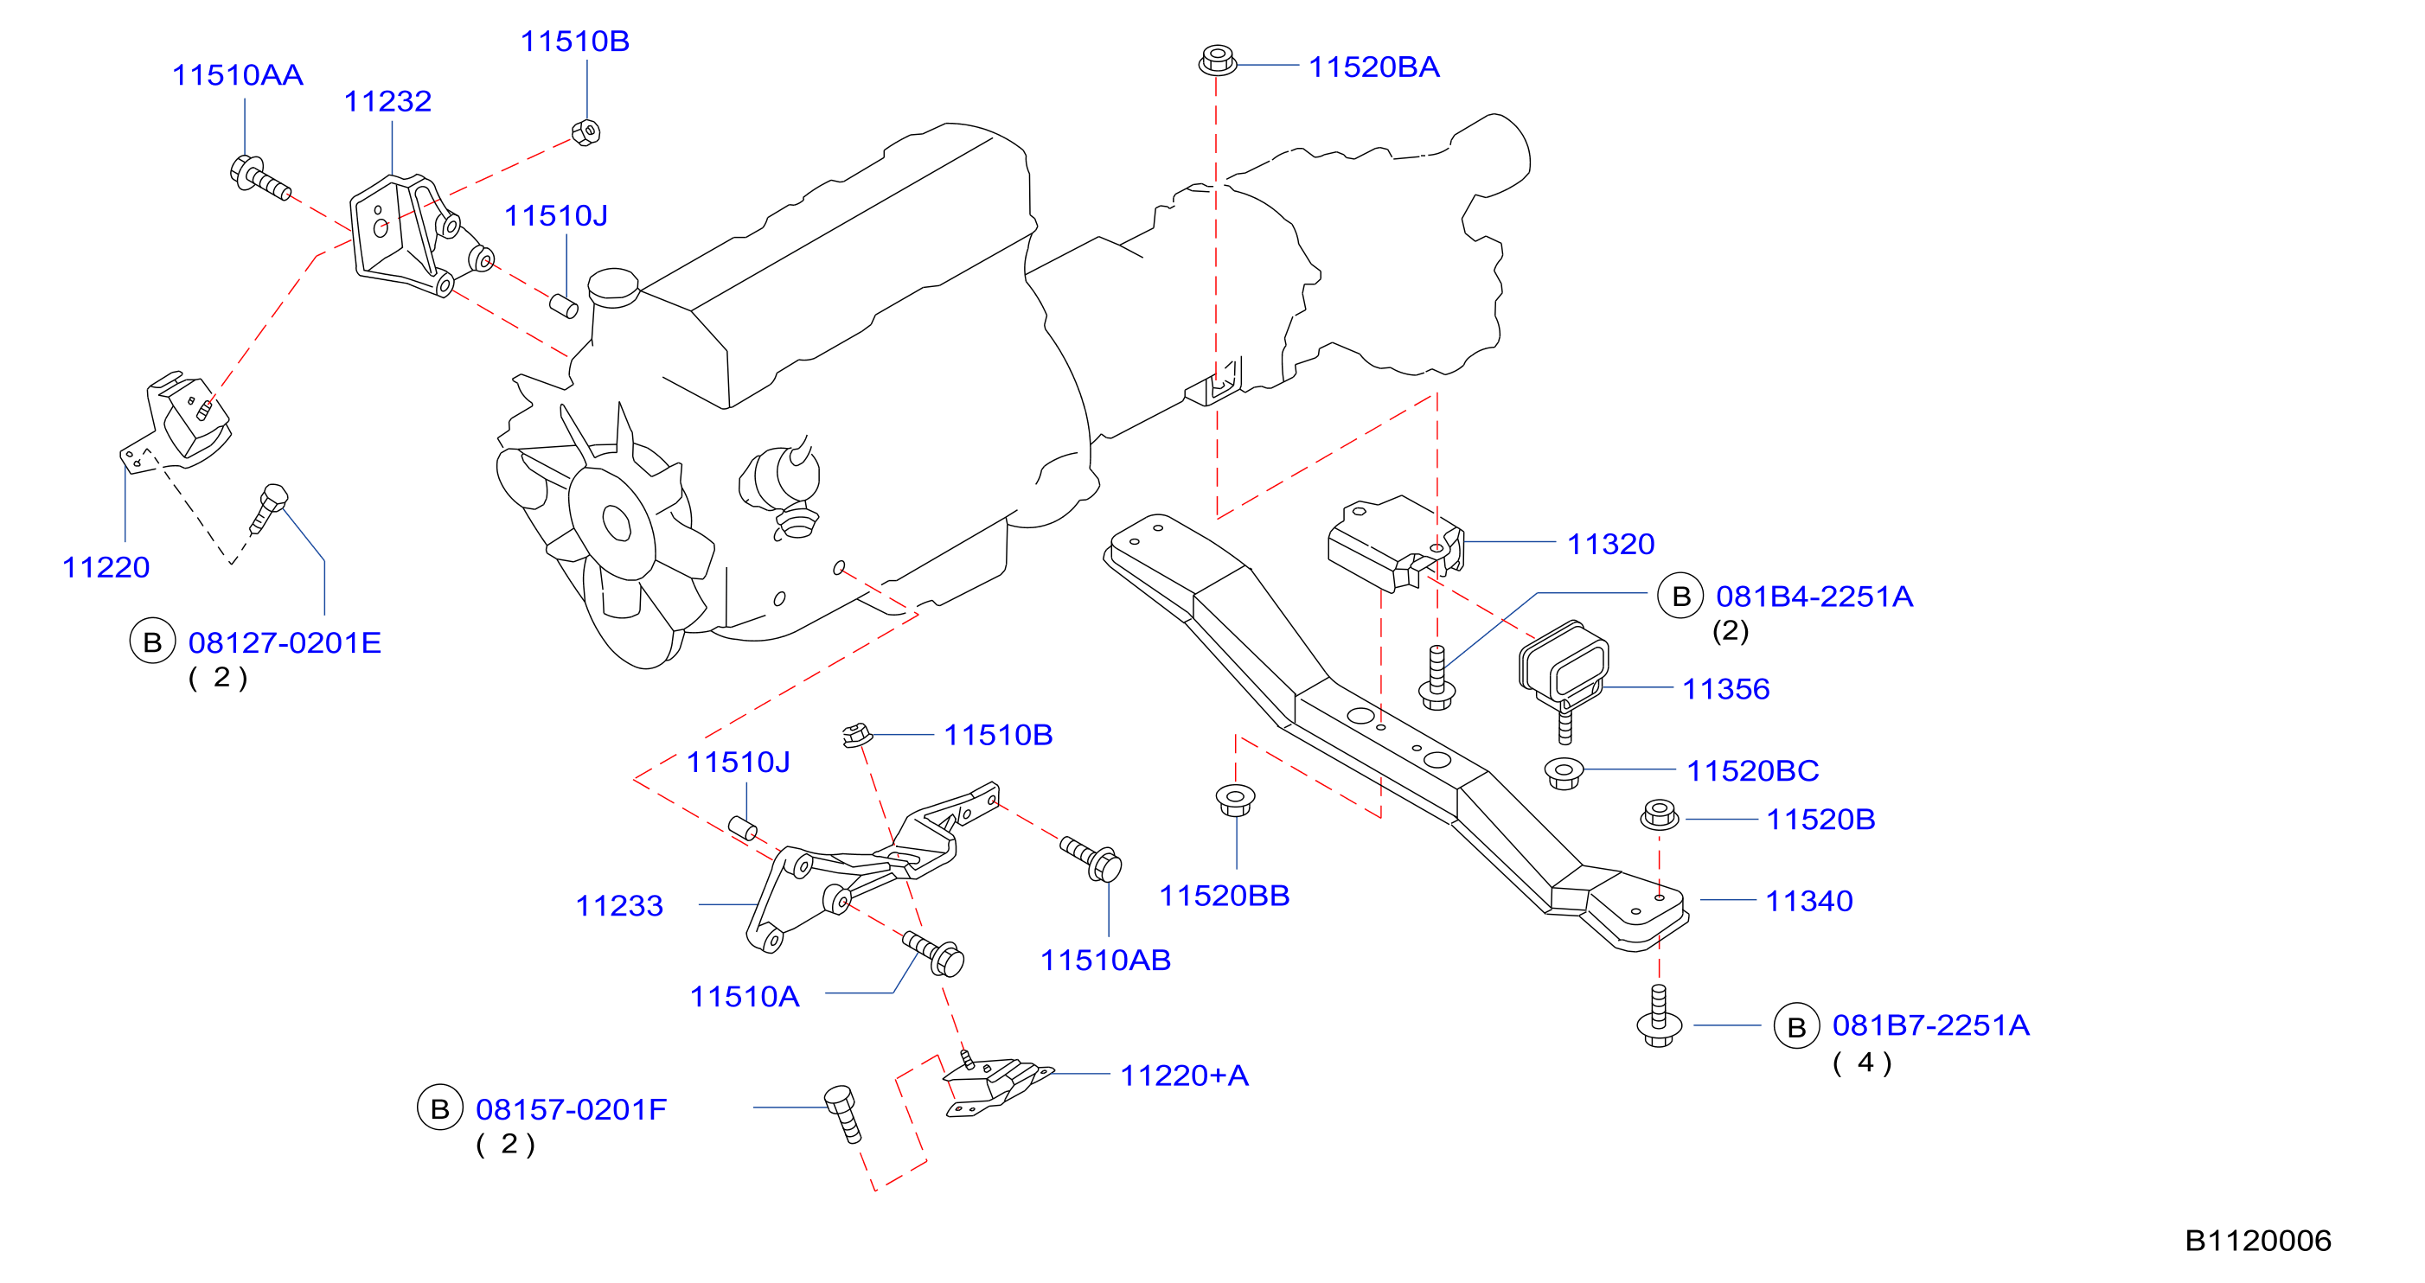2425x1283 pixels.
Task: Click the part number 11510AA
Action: click(x=237, y=75)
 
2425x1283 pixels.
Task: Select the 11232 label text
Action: click(x=387, y=102)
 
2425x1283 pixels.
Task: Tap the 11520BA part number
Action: click(x=1373, y=67)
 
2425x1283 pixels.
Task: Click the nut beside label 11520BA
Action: click(x=1217, y=61)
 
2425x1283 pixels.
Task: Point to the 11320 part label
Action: click(x=1610, y=544)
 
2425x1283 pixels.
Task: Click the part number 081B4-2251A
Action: click(x=1814, y=597)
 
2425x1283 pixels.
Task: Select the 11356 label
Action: click(x=1725, y=689)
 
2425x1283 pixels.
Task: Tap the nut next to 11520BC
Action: click(x=1564, y=773)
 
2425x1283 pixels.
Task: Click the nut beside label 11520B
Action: click(x=1659, y=814)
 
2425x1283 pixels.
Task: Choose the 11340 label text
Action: click(x=1808, y=902)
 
